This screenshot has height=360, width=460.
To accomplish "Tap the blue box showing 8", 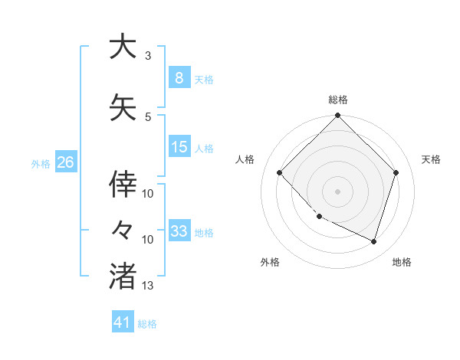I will pyautogui.click(x=179, y=78).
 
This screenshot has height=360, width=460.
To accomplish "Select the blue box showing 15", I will pyautogui.click(x=179, y=147).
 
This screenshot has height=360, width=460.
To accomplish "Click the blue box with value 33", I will pyautogui.click(x=179, y=231).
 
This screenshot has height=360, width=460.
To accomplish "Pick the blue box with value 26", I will pyautogui.click(x=65, y=162).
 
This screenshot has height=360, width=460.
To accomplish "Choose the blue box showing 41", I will pyautogui.click(x=123, y=322).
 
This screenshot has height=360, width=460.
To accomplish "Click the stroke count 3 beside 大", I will pyautogui.click(x=148, y=56).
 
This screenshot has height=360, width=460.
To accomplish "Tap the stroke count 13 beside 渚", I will pyautogui.click(x=148, y=286).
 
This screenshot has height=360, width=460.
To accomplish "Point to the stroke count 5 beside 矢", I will pyautogui.click(x=148, y=117).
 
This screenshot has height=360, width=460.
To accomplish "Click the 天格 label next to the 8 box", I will pyautogui.click(x=204, y=80).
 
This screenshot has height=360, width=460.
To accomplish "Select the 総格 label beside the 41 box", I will pyautogui.click(x=147, y=324).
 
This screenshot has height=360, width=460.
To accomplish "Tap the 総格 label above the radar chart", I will pyautogui.click(x=337, y=100).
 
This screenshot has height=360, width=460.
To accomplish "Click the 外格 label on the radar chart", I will pyautogui.click(x=270, y=262).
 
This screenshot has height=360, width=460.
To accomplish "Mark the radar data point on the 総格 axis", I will pyautogui.click(x=337, y=116).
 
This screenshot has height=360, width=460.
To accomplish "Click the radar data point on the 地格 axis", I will pyautogui.click(x=373, y=241).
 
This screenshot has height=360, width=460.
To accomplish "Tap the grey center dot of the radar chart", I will pyautogui.click(x=337, y=191).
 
